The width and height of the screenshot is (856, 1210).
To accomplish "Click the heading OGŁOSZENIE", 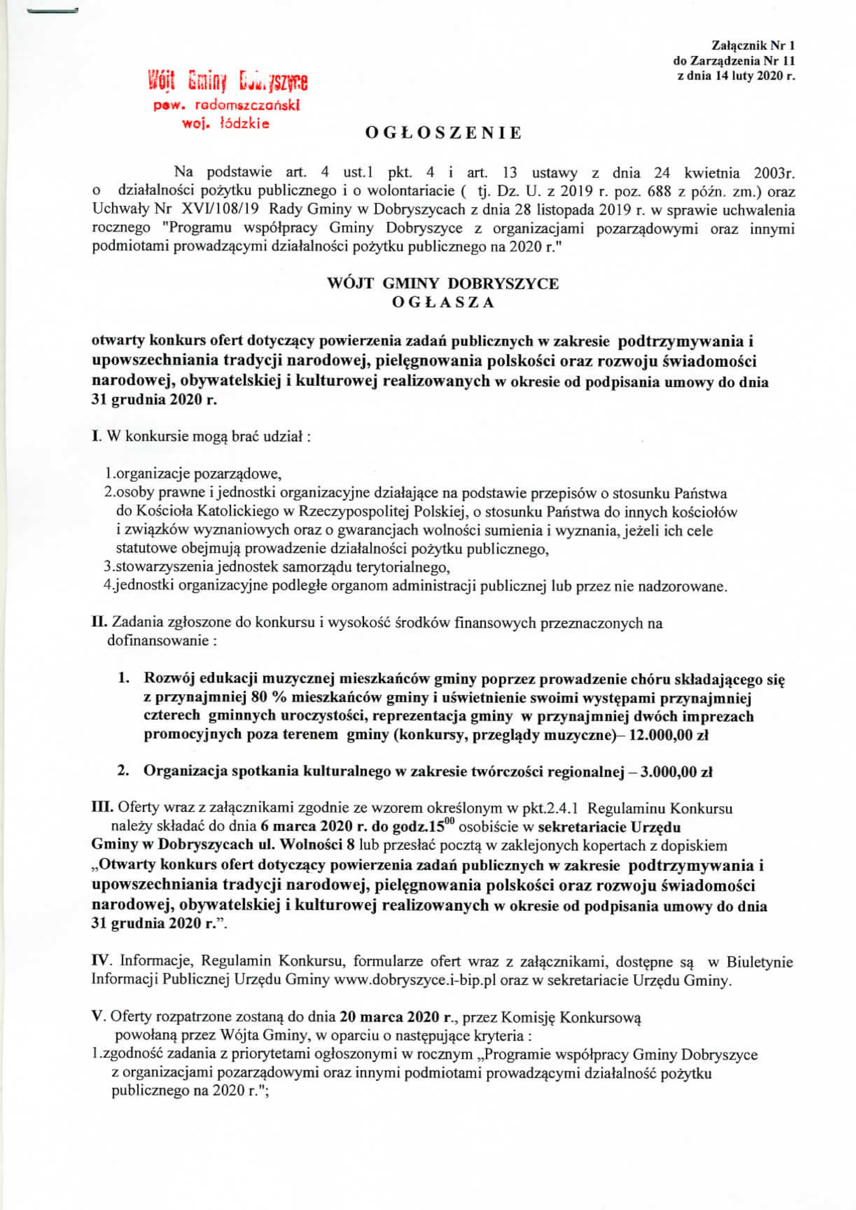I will pos(443,133).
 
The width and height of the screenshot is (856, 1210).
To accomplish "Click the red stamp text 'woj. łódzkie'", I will pos(225,124).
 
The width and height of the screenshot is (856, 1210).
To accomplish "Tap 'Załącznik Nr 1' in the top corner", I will pos(753,45).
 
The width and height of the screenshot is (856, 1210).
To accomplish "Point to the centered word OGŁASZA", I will pos(443,303).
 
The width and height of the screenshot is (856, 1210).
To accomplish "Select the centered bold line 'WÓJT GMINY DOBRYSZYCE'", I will pos(443,284).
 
